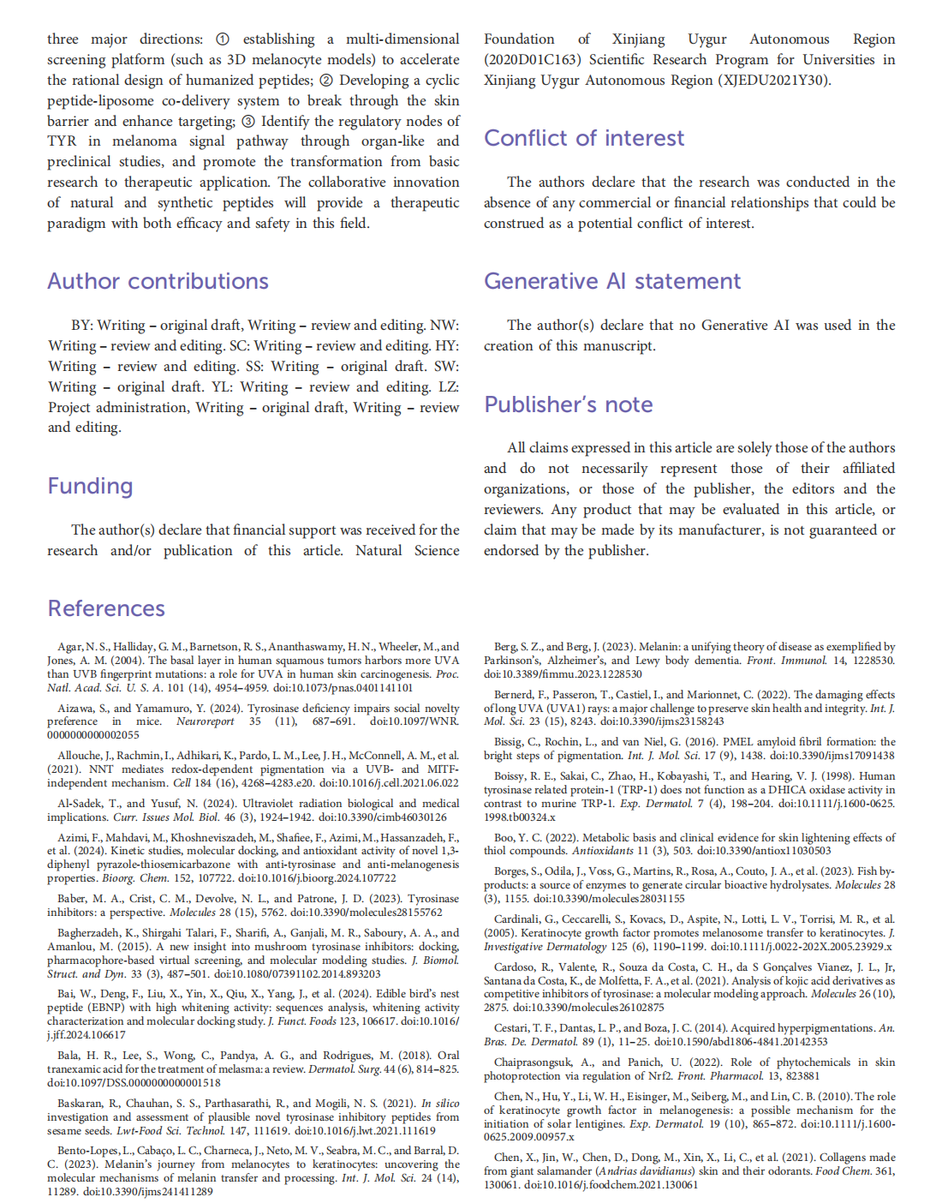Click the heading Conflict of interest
[x=583, y=138]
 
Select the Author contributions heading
[x=158, y=281]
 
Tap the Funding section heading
[x=90, y=486]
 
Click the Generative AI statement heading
[x=612, y=281]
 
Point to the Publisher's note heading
[x=568, y=404]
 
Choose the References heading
[x=106, y=608]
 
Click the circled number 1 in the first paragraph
[x=223, y=39]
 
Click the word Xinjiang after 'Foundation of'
[x=638, y=39]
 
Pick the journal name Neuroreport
[x=205, y=721]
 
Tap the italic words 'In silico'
[x=440, y=1104]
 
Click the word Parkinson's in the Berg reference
[x=517, y=661]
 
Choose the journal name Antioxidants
[x=604, y=851]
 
